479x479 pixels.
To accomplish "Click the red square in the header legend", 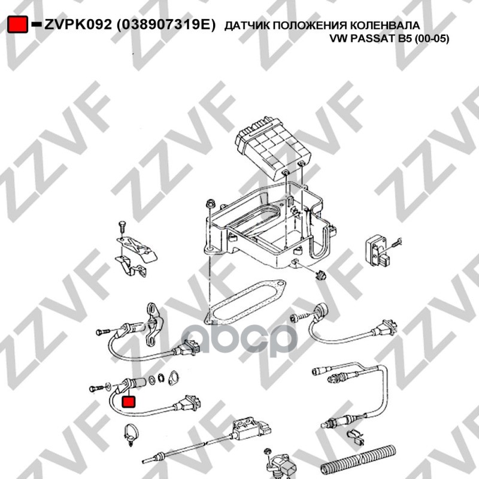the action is (17, 24).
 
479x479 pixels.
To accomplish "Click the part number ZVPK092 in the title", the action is (78, 25).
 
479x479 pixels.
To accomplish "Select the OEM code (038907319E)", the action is (166, 25).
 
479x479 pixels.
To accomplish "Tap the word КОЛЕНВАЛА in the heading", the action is (384, 25).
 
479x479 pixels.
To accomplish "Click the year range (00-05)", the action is (432, 39).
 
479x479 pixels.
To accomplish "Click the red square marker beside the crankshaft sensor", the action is (128, 401).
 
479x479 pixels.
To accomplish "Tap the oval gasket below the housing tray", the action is (245, 304).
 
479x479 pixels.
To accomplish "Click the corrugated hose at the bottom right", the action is (358, 461).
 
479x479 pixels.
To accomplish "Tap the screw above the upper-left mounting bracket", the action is (122, 228).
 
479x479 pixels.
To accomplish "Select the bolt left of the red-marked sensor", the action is (97, 389).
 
